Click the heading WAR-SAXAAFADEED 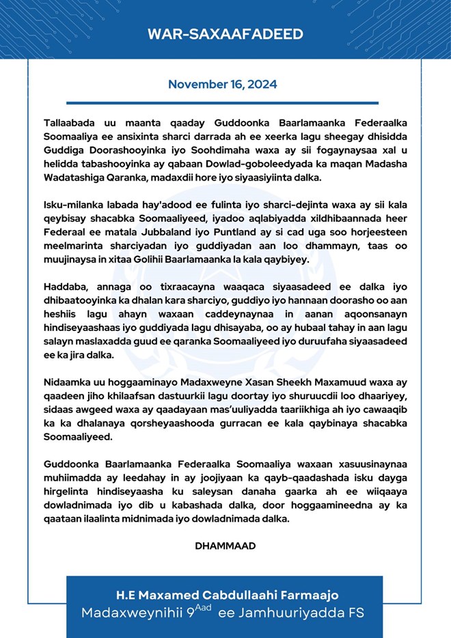click(225, 35)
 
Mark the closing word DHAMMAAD click(225, 546)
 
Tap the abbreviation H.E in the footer click(124, 596)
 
